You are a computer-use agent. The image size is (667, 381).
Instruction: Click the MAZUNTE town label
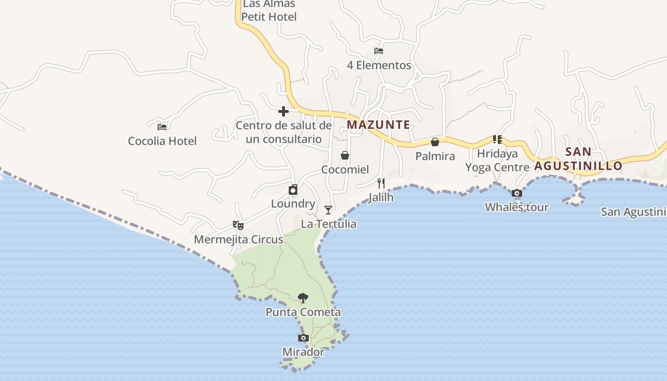(x=378, y=125)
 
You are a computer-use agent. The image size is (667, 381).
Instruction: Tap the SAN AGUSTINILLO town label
(x=578, y=159)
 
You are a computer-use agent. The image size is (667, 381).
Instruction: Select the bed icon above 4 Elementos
(x=379, y=51)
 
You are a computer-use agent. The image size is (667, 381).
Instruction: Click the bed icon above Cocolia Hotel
(x=162, y=127)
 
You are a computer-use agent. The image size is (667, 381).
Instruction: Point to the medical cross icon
(x=283, y=111)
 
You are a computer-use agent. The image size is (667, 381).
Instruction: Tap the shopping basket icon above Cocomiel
(x=345, y=155)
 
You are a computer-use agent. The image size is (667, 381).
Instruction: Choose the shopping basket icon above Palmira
(x=435, y=142)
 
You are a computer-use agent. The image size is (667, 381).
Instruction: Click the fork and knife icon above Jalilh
(x=381, y=183)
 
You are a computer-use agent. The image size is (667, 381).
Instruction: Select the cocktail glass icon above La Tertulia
(x=328, y=210)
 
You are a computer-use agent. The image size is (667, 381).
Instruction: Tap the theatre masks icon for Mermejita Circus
(x=238, y=225)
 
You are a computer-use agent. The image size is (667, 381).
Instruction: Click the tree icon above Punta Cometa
(x=303, y=298)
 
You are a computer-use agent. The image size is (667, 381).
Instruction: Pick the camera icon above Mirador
(x=303, y=338)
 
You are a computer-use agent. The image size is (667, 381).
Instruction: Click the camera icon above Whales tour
(x=517, y=193)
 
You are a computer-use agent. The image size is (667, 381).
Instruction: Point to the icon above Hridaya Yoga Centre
(x=497, y=140)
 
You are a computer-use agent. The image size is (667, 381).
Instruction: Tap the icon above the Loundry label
(x=293, y=190)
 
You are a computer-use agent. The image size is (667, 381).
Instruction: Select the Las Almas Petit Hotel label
(x=269, y=10)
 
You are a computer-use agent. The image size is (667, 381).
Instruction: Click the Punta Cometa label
(x=303, y=312)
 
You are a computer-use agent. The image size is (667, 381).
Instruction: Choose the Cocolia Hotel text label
(x=162, y=141)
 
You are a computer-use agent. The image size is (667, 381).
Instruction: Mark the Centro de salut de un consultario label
(x=283, y=132)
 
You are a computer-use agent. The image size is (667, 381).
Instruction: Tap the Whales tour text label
(x=517, y=207)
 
